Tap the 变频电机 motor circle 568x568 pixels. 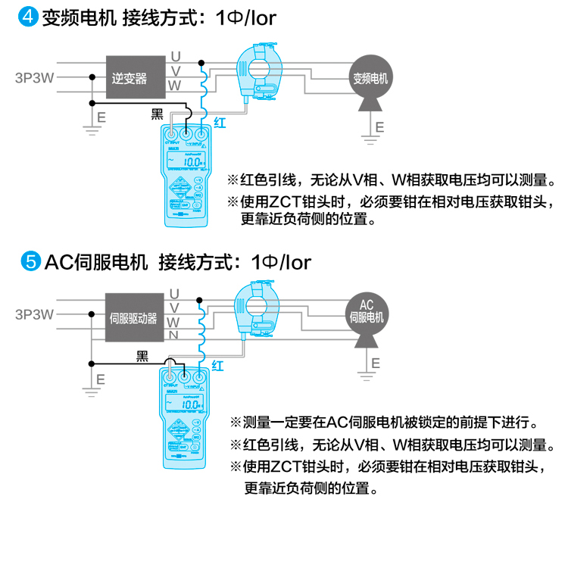[x=371, y=78]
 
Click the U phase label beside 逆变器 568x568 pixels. [x=175, y=56]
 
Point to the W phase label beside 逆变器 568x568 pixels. [x=175, y=86]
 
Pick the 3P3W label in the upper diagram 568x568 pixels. [x=34, y=77]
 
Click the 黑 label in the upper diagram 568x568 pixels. [x=158, y=114]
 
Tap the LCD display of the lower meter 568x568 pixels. [x=186, y=404]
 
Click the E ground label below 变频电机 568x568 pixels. [x=380, y=125]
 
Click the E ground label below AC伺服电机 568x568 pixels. [x=376, y=363]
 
